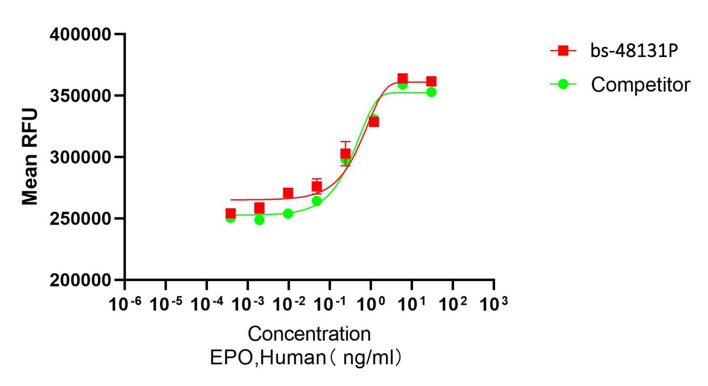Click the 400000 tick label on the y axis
(x=80, y=34)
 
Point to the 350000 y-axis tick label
(x=80, y=96)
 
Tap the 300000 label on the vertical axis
(x=80, y=157)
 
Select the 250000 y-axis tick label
(x=80, y=219)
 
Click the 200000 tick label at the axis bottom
(x=80, y=280)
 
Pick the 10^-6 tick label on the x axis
(x=125, y=304)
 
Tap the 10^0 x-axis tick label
(x=371, y=304)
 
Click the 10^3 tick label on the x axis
(x=493, y=304)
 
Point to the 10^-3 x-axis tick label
(x=248, y=304)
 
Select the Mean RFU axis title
(x=30, y=157)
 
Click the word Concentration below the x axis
(x=309, y=334)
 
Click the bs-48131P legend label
(x=634, y=51)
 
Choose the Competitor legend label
(x=640, y=85)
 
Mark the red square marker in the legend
(x=563, y=51)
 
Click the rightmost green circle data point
(x=431, y=92)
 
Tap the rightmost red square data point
(x=431, y=82)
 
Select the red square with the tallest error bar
(x=346, y=154)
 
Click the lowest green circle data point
(x=259, y=220)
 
